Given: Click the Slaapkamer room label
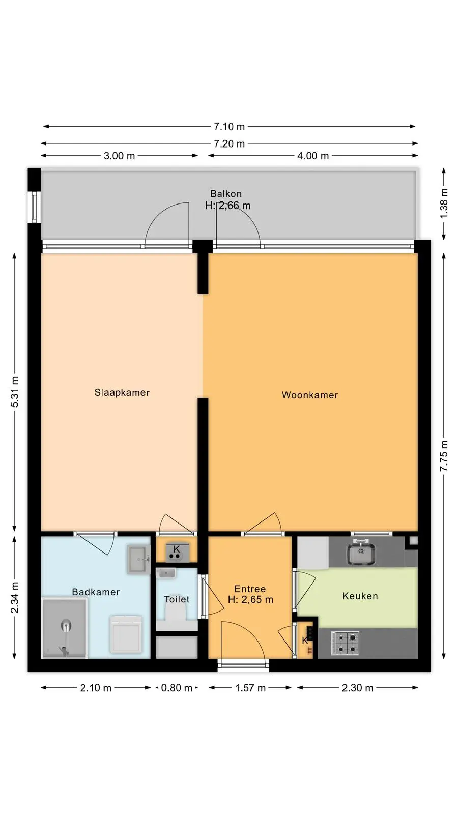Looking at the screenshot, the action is coord(122,392).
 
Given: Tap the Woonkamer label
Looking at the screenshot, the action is coord(310,395).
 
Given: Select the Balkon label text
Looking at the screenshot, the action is coord(226,194).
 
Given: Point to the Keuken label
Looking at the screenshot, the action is coord(360,596).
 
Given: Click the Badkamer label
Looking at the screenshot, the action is coord(96,592).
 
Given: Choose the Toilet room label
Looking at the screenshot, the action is coord(177,599).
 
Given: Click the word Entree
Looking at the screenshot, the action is coord(250,589).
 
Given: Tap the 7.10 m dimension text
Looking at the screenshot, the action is coord(229,127).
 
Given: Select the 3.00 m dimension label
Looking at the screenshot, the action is coord(119,156).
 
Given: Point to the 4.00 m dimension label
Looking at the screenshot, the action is coord(313,156).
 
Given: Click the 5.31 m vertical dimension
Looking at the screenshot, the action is coord(15,392).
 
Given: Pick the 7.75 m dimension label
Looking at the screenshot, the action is coord(444,456).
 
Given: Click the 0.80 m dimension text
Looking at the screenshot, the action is coord(176,688).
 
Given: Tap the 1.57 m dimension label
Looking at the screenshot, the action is coord(250,688).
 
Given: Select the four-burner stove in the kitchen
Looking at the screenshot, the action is coord(345,643).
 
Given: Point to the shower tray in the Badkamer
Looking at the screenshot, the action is coord(64,628).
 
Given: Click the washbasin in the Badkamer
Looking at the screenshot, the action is coord(138,559).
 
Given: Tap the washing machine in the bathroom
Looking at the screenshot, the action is coord(126,634).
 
